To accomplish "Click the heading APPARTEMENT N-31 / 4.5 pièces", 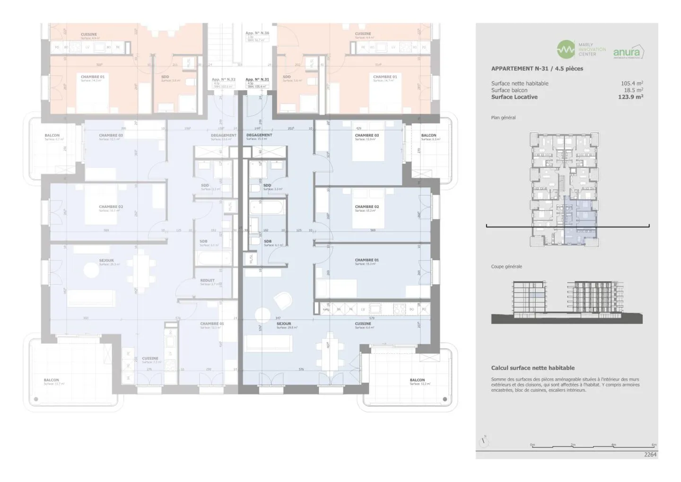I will tap(537, 69).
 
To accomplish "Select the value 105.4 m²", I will tap(632, 84).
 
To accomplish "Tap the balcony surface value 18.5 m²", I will tap(633, 90).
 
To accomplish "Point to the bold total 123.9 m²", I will tap(630, 97).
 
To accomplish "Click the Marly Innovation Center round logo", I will tap(566, 49).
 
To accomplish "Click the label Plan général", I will tap(503, 118).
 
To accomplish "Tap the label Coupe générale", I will tap(506, 267).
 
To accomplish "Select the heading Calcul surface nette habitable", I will tap(533, 368).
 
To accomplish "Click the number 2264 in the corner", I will tap(650, 455).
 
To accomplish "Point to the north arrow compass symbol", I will tap(483, 442).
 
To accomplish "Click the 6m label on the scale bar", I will tap(654, 445).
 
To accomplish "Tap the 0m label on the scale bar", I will tap(532, 445).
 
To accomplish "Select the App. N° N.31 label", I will tap(257, 80).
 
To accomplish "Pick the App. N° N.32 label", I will tap(223, 80).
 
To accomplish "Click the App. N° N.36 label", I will tap(257, 33).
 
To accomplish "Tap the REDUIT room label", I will tap(207, 280).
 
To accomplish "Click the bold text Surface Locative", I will tap(514, 97).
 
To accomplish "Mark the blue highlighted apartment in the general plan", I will tap(580, 218).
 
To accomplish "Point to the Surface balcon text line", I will tap(509, 90).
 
